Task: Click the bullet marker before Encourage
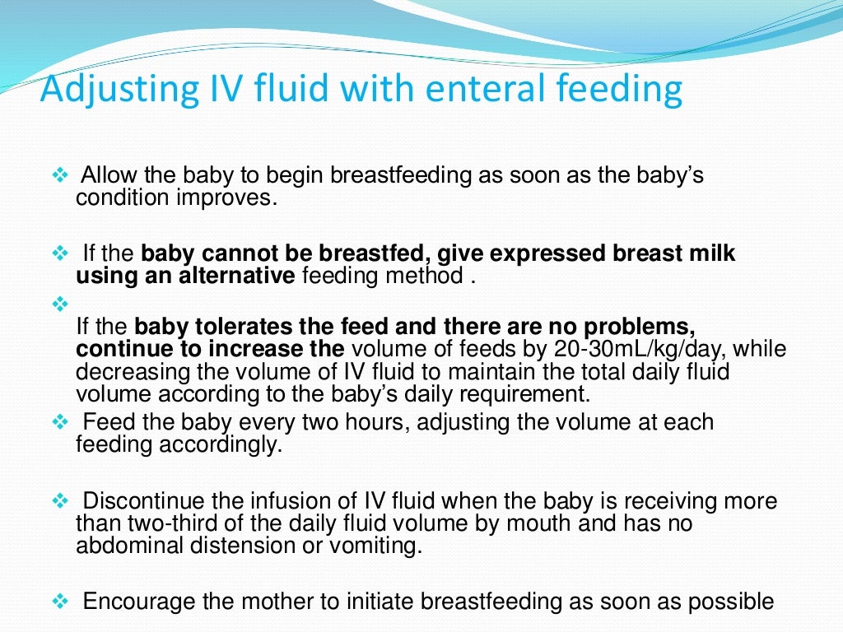pyautogui.click(x=61, y=602)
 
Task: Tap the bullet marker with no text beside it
pyautogui.click(x=61, y=304)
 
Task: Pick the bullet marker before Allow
pyautogui.click(x=61, y=176)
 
